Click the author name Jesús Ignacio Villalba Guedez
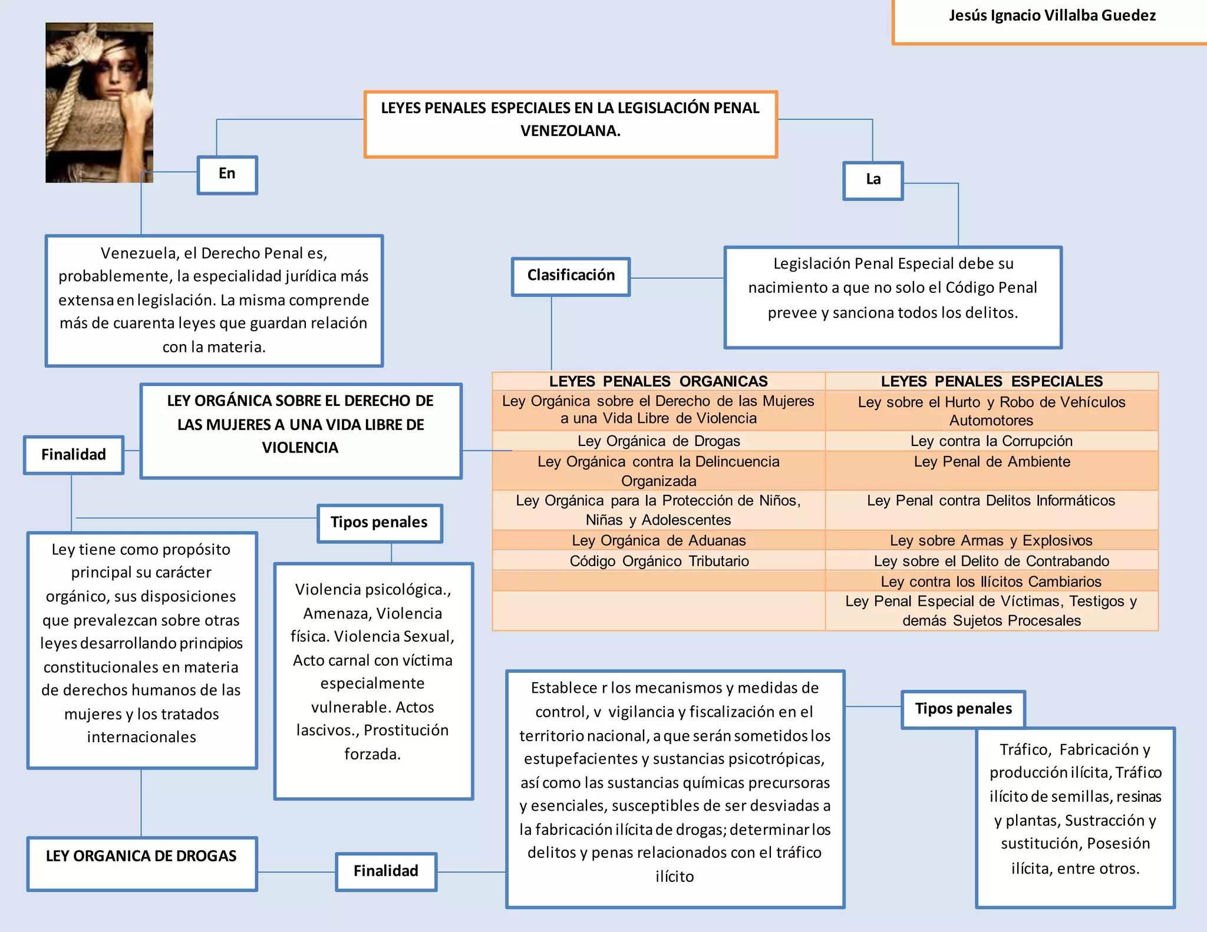click(1052, 16)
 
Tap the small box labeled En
click(227, 174)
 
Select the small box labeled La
click(873, 180)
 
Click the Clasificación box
click(570, 276)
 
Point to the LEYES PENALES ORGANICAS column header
click(658, 381)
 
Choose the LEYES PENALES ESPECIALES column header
click(991, 381)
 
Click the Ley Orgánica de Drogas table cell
click(658, 441)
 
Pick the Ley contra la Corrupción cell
click(991, 441)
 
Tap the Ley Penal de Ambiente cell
click(991, 462)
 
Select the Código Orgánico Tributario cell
click(658, 561)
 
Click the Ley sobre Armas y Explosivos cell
click(991, 540)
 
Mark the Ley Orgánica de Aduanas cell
click(658, 540)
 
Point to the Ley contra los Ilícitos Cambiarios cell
click(991, 581)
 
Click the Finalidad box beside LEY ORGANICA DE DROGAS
click(386, 871)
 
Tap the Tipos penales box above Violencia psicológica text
click(379, 523)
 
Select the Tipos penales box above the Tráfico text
click(963, 709)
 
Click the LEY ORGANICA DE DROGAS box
click(141, 857)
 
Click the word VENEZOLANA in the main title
click(570, 131)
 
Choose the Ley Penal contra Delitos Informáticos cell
click(991, 501)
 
